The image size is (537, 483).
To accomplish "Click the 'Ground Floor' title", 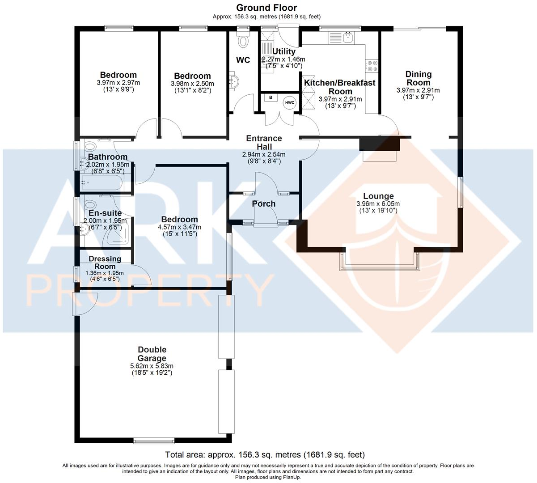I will point(266,8).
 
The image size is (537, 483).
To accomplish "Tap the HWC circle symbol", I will point(290,103).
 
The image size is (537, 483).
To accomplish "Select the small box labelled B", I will point(270,97).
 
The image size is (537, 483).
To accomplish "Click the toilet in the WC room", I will point(243,41).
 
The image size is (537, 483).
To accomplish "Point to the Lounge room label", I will point(378,196).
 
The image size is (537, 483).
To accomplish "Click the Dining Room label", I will point(418,78).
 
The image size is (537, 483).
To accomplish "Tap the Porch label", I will point(264,204).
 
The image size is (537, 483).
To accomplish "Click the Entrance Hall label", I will point(264,143).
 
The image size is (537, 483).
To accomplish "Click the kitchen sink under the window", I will point(349,38).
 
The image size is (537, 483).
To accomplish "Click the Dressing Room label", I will point(105,263).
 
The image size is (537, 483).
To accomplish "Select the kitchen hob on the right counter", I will point(372,66).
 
